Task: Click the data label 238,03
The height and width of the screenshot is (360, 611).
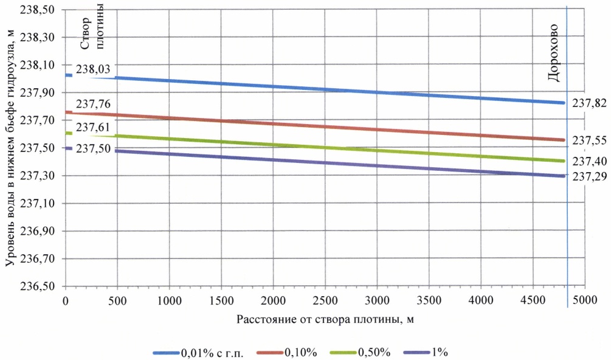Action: [x=93, y=70]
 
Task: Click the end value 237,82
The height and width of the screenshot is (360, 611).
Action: [x=588, y=103]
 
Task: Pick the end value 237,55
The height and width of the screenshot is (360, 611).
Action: [x=588, y=140]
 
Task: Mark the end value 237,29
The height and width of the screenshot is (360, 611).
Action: [x=588, y=176]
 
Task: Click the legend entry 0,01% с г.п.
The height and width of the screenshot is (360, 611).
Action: [x=211, y=352]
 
